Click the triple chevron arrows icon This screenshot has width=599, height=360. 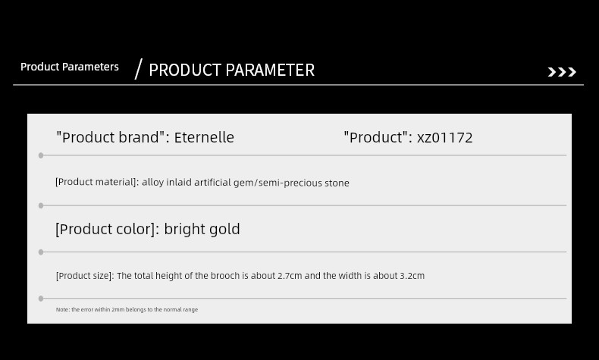pos(562,72)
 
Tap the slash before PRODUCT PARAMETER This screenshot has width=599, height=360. pos(139,69)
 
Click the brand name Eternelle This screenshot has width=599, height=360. pos(204,137)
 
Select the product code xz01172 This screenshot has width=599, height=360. pos(444,138)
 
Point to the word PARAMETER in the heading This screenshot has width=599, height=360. pos(270,70)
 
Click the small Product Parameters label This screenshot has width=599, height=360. pos(70,67)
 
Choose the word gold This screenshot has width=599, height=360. pos(224,229)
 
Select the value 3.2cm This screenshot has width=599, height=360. pos(412,276)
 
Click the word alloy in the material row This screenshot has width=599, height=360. pos(153,183)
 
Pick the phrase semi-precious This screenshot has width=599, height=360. pos(290,183)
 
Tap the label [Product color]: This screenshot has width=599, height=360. pos(108,229)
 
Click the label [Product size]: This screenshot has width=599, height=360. pos(85,276)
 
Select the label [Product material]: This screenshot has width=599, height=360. pos(97,182)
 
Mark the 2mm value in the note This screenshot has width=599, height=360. pos(118,310)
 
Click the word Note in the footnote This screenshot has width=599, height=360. pos(63,310)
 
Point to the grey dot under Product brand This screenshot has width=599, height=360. pos(41,155)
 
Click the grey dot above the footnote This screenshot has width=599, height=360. pos(41,299)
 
